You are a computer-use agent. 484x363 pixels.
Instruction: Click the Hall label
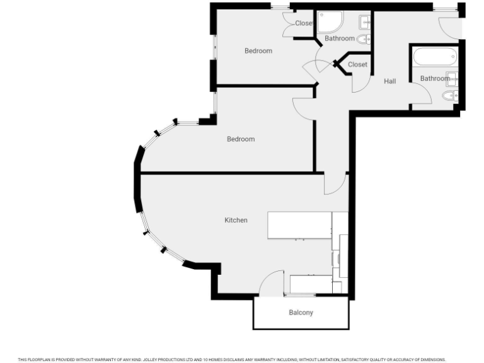(x=390, y=81)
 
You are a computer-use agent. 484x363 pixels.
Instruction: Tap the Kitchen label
(x=236, y=220)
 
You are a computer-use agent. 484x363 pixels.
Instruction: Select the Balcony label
(x=301, y=313)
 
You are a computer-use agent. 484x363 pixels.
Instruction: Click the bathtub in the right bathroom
(x=435, y=57)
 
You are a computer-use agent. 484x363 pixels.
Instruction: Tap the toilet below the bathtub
(x=449, y=96)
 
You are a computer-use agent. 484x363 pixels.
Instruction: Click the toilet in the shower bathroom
(x=364, y=39)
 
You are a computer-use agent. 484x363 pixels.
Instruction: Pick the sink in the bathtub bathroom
(x=452, y=79)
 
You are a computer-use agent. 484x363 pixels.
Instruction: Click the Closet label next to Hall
(x=357, y=64)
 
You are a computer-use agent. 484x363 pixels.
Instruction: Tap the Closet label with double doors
(x=304, y=23)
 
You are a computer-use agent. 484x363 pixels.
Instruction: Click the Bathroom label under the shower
(x=340, y=38)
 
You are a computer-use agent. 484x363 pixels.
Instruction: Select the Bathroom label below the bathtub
(x=435, y=79)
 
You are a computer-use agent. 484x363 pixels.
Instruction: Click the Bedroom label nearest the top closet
(x=258, y=51)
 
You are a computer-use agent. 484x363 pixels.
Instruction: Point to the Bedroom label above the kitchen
(x=241, y=139)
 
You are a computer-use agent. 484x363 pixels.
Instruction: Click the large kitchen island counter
(x=299, y=225)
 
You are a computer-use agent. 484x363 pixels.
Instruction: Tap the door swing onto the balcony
(x=272, y=283)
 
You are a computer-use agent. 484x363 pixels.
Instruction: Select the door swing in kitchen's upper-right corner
(x=335, y=183)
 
